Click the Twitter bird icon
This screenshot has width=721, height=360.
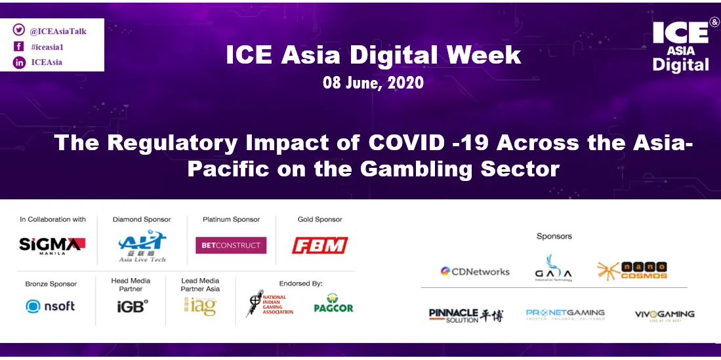click(18, 30)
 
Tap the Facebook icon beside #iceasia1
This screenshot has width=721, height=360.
click(18, 47)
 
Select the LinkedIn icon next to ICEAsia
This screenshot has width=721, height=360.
click(18, 62)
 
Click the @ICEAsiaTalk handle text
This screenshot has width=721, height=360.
click(58, 31)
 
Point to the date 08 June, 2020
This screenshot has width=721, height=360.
click(373, 83)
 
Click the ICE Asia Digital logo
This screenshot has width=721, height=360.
click(680, 46)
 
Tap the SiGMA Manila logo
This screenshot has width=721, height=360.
click(52, 245)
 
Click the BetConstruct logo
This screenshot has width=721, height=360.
click(231, 245)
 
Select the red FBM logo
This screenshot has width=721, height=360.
click(319, 246)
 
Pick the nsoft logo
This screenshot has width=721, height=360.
click(51, 306)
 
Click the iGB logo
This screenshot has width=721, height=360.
click(131, 306)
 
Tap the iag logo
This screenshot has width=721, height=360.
click(200, 306)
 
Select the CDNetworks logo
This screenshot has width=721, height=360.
click(474, 271)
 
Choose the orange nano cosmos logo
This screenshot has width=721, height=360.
click(632, 270)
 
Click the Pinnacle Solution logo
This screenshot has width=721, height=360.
click(466, 315)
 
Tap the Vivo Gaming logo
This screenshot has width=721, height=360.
click(664, 315)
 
